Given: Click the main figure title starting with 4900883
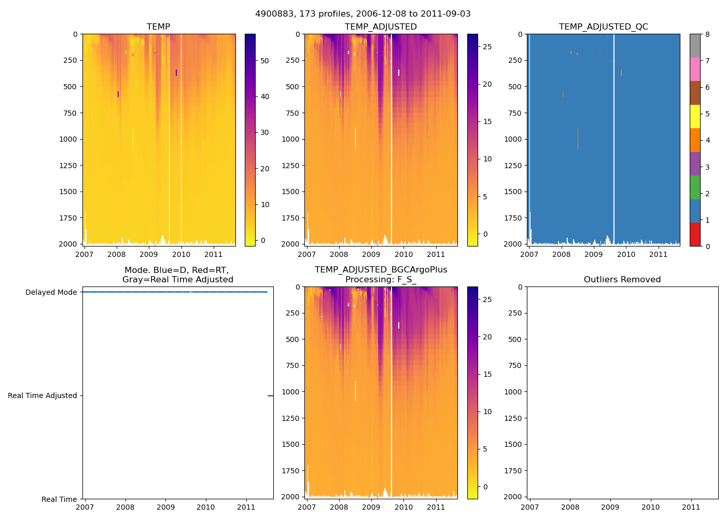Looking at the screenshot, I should point(363,14).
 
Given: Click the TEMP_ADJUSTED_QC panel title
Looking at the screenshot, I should point(603,26).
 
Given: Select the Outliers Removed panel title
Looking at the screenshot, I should point(622,279).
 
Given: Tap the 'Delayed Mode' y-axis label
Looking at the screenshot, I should point(51,292).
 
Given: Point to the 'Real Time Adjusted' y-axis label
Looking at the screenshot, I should point(42,395).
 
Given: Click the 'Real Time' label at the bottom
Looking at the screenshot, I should point(59,499).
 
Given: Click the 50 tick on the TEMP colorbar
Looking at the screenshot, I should point(264,61).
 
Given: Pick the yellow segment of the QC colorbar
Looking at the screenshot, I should point(695,117).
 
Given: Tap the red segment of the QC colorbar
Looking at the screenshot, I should point(695,235).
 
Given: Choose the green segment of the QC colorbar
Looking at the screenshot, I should point(695,187).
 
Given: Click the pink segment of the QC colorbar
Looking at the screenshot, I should point(695,70).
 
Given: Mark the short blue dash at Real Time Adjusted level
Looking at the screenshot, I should point(270,395).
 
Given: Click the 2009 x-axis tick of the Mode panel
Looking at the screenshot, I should point(165,507).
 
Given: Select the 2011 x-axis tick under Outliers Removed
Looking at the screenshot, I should point(691,507).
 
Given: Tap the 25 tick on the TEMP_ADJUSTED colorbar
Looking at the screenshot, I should point(487,47).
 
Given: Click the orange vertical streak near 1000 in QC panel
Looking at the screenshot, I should point(578,139).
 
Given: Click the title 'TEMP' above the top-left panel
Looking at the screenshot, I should point(158,26).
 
